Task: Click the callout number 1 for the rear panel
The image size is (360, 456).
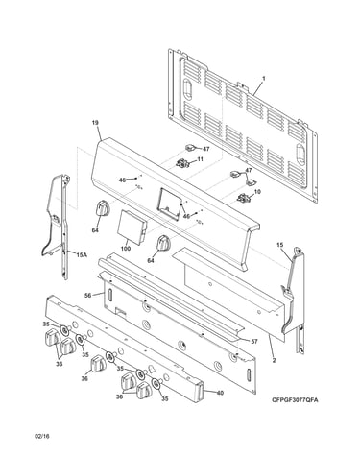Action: pos(264,78)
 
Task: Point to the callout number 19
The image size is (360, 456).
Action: pos(95,123)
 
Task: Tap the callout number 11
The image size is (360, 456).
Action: pos(201,159)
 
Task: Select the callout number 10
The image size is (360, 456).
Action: pos(257,192)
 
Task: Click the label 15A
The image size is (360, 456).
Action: pos(82,254)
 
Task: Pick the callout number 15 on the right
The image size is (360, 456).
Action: pos(279,245)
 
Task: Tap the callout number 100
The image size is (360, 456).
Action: pos(126,249)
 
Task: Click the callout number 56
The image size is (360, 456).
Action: pos(88,295)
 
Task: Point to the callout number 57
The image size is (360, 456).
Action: pos(254,342)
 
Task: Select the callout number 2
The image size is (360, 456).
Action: pos(274,361)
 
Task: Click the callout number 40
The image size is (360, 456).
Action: pos(220,393)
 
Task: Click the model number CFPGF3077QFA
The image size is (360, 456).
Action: pos(295,400)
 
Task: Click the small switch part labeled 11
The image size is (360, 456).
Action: pos(182,163)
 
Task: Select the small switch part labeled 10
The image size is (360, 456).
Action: pos(244,199)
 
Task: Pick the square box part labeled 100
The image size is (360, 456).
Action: pos(132,227)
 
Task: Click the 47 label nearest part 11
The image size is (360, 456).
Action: pos(206,149)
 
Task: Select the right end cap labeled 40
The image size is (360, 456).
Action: pos(198,391)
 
